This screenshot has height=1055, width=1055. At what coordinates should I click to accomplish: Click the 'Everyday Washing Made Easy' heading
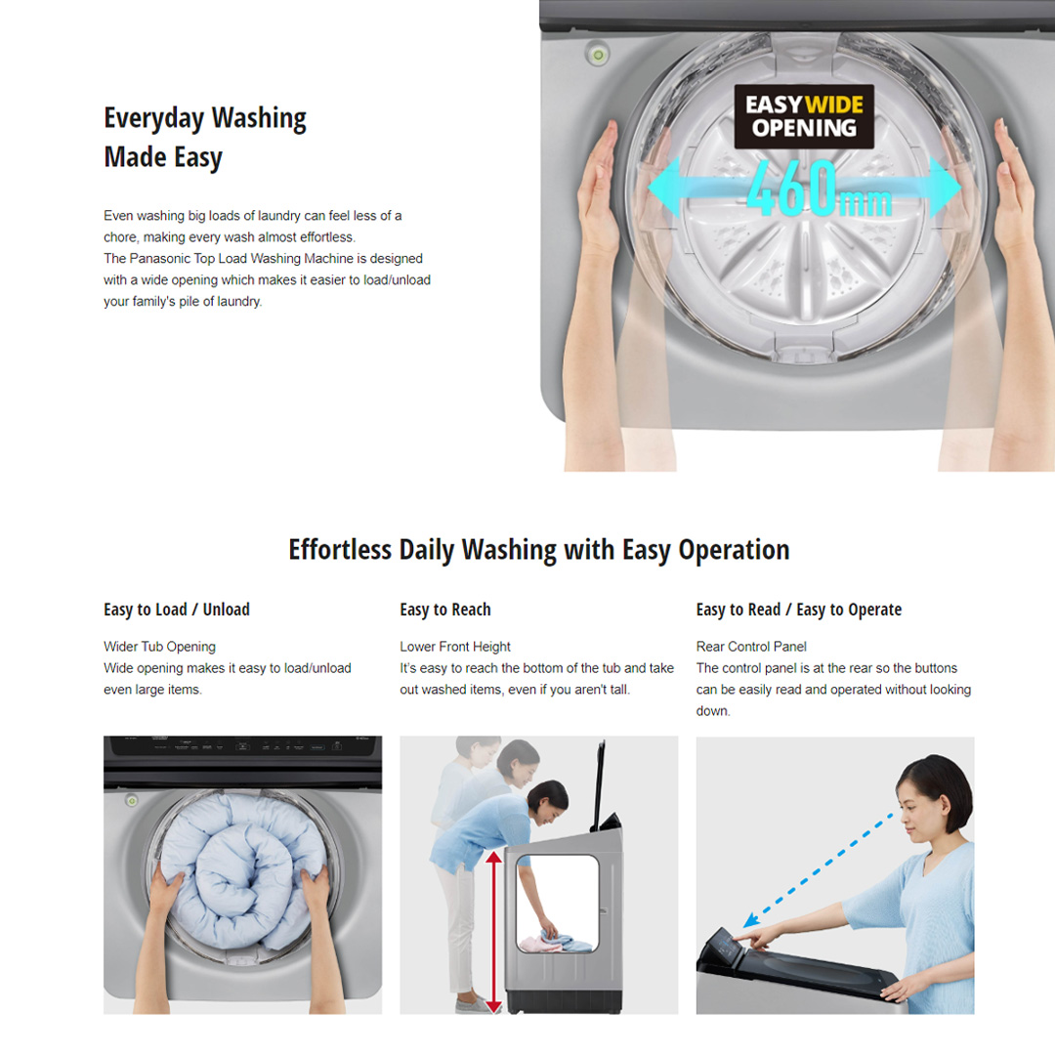205,138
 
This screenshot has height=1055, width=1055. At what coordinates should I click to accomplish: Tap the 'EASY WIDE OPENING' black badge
804,116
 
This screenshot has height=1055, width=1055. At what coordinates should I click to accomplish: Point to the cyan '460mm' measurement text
820,189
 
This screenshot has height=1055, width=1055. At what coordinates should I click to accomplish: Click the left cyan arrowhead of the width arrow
665,187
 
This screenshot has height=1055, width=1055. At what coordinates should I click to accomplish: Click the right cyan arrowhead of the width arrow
944,187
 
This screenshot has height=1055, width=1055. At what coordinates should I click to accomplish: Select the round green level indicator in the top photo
598,54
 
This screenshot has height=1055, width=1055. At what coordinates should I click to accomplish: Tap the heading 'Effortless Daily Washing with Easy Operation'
539,550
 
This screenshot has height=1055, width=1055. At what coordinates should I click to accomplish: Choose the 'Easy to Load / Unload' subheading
176,610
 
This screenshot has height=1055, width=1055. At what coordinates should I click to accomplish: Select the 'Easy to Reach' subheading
445,610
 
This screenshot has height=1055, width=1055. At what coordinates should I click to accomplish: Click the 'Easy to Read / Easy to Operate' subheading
799,610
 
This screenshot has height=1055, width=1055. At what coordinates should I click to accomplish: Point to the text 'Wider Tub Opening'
159,647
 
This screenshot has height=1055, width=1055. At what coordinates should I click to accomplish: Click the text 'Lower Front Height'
455,647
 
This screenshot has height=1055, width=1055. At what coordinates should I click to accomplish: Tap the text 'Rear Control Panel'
751,647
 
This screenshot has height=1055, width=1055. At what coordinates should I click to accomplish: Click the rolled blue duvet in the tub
243,870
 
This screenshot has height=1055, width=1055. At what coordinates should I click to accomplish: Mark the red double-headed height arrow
494,932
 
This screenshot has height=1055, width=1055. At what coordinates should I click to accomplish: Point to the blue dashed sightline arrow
819,870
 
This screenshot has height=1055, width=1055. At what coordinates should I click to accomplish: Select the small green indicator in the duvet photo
133,801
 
